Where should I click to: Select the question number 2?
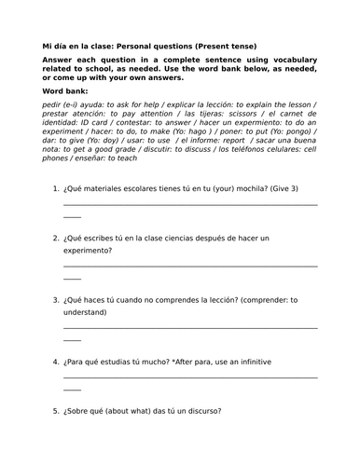click(x=56, y=238)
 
